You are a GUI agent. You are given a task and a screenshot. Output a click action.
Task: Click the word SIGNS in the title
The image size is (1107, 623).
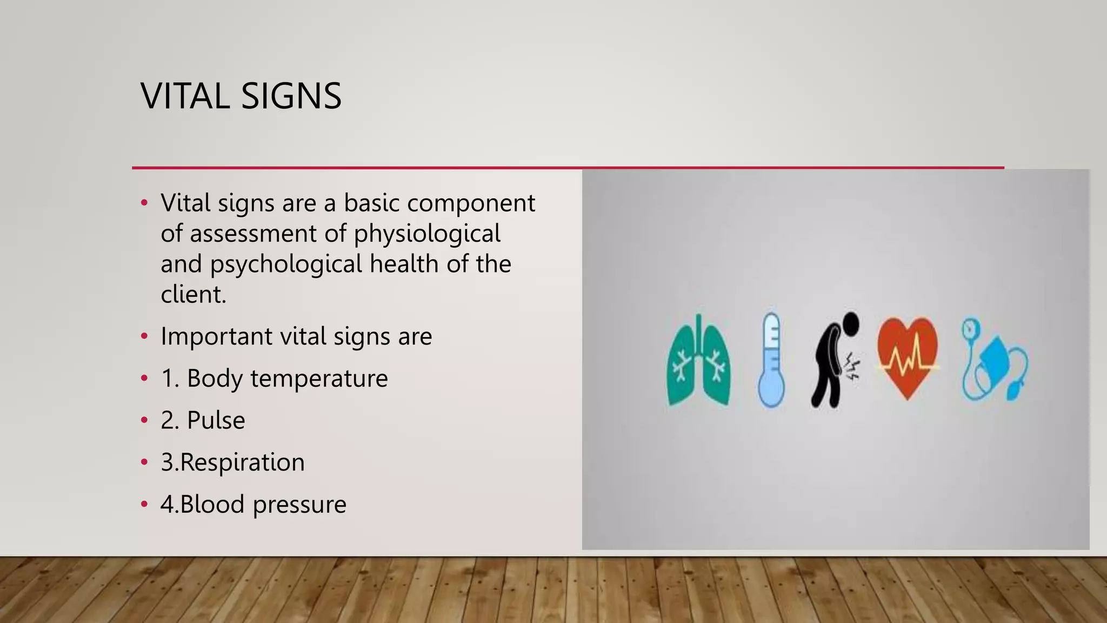click(x=291, y=96)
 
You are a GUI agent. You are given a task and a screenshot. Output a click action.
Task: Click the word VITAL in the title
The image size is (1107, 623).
click(x=184, y=96)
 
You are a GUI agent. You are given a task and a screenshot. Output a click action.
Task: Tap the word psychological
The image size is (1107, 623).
click(x=286, y=264)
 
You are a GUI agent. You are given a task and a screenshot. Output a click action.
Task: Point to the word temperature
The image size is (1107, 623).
click(x=319, y=378)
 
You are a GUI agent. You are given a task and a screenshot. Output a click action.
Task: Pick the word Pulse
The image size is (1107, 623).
click(x=216, y=420)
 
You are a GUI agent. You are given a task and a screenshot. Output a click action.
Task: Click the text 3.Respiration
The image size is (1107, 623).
click(x=232, y=462)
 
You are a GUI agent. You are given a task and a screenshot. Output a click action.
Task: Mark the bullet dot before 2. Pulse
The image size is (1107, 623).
click(x=144, y=420)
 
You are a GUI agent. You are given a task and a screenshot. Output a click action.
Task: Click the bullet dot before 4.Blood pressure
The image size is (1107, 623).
click(x=144, y=505)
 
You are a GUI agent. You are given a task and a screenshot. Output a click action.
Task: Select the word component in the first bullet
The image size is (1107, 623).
click(x=471, y=203)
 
